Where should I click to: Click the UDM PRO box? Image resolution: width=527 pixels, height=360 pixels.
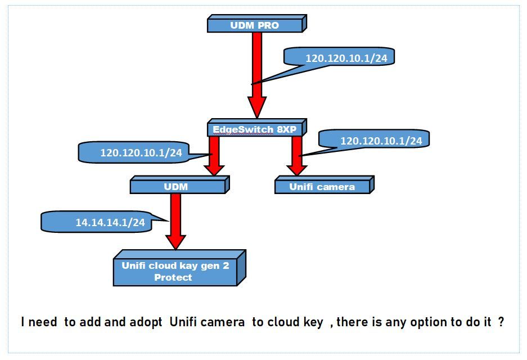(255, 25)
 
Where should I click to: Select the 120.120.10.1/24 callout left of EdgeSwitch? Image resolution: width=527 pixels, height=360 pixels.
(141, 152)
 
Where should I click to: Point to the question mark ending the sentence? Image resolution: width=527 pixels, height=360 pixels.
(501, 322)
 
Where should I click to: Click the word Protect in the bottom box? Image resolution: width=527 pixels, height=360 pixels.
(173, 277)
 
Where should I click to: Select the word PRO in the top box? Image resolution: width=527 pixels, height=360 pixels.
(268, 25)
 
